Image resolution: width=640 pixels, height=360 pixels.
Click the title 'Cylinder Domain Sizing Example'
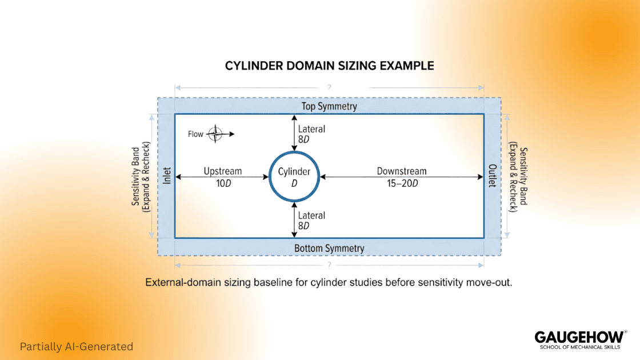pos(329,66)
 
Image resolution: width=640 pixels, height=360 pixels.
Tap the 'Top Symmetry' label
pos(329,106)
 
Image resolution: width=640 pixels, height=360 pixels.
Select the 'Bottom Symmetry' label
pos(329,248)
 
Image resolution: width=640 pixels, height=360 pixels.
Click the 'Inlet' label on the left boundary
pos(167,176)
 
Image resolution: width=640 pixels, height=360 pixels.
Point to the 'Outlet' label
pos(492,176)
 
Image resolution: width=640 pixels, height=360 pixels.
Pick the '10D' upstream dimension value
pos(223,183)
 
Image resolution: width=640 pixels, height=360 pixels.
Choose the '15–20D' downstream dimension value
pos(401,183)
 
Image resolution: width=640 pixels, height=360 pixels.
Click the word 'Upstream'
pos(223,171)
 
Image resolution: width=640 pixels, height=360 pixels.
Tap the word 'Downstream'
pos(401,171)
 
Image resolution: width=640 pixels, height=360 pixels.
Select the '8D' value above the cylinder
pos(303,140)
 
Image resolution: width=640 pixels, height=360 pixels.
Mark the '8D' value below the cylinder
pos(303,226)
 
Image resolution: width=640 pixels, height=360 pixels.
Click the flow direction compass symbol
pos(215,134)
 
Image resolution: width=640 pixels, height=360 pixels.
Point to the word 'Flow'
pos(195,134)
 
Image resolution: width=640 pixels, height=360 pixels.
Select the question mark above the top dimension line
pos(329,87)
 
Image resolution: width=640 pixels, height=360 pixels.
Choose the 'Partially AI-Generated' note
pos(77,346)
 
